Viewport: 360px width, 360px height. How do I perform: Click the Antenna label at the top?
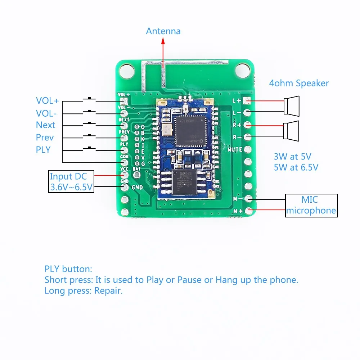[163, 31]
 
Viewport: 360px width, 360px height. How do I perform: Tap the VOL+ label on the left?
[47, 101]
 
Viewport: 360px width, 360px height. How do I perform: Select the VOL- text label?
[46, 113]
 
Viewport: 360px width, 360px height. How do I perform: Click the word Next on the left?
[46, 125]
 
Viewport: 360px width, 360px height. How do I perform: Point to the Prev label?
[45, 138]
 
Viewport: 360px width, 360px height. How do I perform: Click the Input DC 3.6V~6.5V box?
[71, 182]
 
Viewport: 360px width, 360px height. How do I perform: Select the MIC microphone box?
[311, 205]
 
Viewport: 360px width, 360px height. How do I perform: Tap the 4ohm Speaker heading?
[299, 84]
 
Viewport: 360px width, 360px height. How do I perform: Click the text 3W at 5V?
[292, 157]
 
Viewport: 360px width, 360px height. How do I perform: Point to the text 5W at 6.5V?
[296, 167]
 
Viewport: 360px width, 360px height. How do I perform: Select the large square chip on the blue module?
[189, 130]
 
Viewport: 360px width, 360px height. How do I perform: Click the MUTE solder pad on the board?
[248, 149]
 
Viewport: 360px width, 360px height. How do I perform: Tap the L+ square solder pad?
[248, 101]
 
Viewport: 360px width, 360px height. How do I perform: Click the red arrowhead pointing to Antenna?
[163, 41]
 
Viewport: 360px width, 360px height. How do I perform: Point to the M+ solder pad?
[248, 211]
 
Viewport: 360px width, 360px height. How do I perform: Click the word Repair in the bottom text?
[108, 291]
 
